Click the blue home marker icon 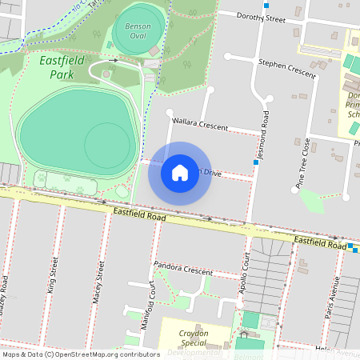180,172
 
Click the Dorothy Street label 262,17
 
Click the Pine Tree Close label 305,164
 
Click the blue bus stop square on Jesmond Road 255,162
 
